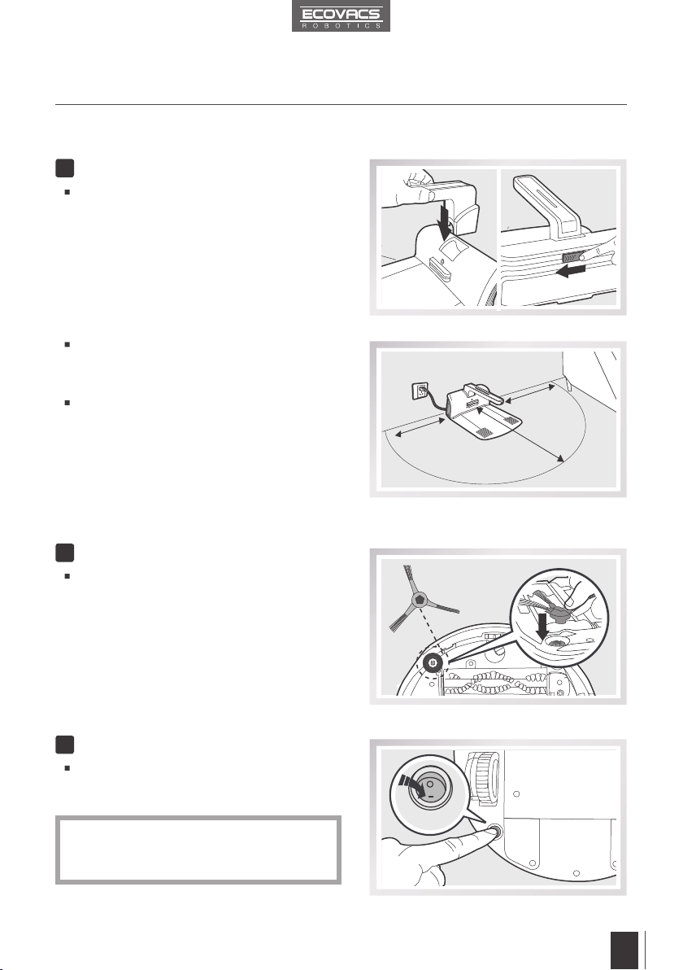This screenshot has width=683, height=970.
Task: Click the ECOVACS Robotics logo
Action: [341, 17]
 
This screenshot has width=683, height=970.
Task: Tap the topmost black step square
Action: [64, 168]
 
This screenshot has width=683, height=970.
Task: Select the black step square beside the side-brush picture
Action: [64, 553]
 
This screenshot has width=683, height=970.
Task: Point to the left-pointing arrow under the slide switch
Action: [571, 271]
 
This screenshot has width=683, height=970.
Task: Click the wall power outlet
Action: [421, 391]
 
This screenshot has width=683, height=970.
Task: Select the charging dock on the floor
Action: [483, 414]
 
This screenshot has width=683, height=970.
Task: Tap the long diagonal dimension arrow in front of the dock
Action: [520, 433]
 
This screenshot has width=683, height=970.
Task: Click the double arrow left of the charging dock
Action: [420, 427]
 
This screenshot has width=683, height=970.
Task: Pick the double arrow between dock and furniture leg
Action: [526, 394]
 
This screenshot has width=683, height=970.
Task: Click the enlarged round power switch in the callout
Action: [430, 788]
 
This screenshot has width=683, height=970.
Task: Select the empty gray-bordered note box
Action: [198, 850]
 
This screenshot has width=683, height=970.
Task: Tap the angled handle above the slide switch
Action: [550, 205]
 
